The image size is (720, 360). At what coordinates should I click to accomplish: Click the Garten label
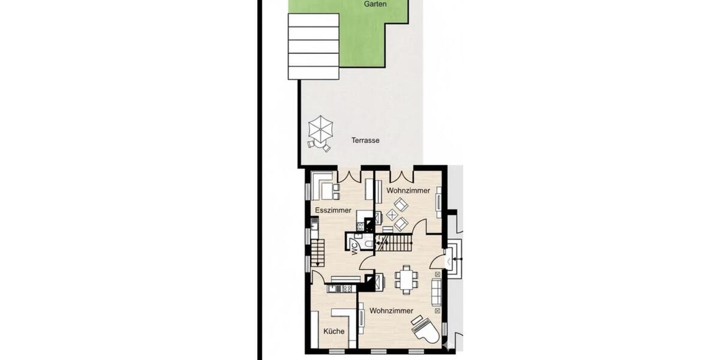coord(375,4)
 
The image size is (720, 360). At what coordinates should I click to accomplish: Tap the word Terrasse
coord(365,140)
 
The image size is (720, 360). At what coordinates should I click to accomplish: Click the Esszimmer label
coord(333,210)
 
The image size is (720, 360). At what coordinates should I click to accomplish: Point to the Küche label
coord(334,331)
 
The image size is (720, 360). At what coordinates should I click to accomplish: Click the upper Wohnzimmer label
coord(408,190)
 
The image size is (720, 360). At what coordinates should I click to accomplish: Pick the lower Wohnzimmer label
coord(391,311)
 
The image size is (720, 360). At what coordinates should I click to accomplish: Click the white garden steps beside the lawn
coord(313,46)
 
